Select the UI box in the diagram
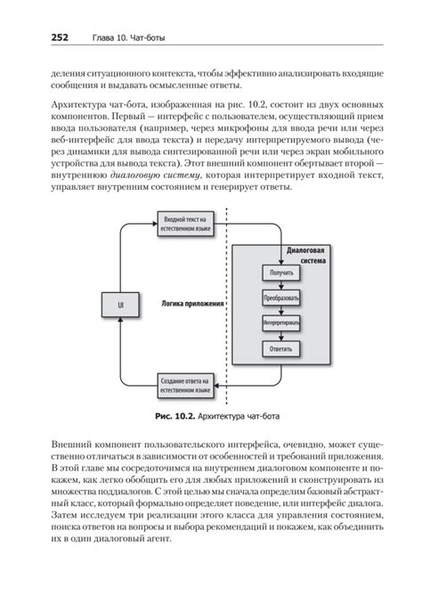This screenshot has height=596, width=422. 121,305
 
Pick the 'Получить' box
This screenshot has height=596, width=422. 280,271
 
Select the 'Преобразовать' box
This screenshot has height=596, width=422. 280,296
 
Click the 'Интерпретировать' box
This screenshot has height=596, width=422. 280,322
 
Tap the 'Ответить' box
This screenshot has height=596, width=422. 280,348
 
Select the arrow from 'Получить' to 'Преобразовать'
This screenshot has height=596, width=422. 281,283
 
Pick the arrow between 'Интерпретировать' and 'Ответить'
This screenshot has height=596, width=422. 281,335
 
